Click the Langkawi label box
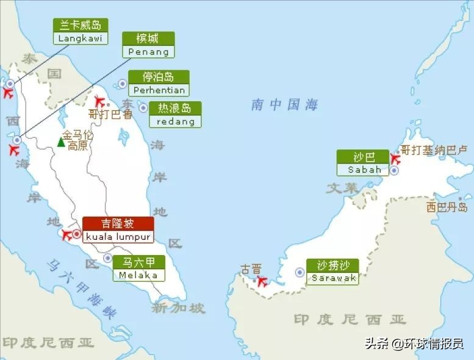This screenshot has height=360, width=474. (81, 31)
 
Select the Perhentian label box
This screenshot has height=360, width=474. (159, 83)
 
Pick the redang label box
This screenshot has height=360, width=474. (175, 115)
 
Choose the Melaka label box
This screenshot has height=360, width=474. (139, 268)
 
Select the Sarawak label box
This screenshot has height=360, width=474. (333, 272)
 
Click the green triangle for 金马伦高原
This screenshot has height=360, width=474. (61, 142)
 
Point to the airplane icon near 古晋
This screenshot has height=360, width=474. (262, 281)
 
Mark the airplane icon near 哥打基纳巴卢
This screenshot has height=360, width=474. (395, 159)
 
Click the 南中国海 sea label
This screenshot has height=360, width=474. (285, 105)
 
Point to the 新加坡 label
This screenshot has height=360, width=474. (179, 308)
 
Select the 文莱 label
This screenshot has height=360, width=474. (342, 188)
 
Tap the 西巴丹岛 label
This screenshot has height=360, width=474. (447, 207)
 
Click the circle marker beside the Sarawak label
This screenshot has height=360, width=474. (300, 272)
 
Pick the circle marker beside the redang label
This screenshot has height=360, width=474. (143, 108)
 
